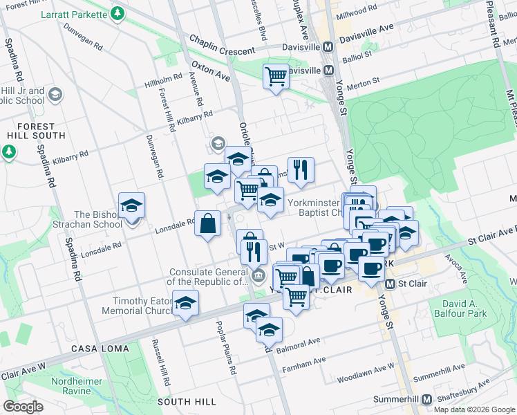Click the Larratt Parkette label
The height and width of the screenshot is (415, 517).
73,14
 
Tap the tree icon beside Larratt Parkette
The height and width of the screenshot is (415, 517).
118,13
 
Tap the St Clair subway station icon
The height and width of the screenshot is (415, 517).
391,284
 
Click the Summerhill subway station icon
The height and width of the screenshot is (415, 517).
428,399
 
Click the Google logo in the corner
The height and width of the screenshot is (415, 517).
23,407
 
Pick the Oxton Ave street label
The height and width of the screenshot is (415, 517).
210,71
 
